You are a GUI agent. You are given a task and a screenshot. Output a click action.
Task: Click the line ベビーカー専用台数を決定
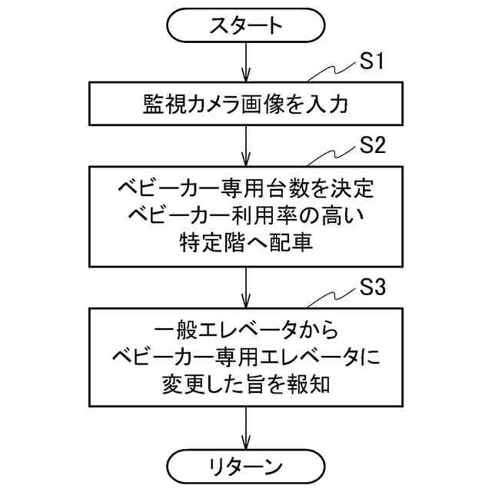[x=246, y=187]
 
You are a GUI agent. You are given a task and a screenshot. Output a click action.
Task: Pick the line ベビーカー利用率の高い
[x=246, y=215]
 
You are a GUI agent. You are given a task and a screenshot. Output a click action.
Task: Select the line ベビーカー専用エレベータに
[x=246, y=358]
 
